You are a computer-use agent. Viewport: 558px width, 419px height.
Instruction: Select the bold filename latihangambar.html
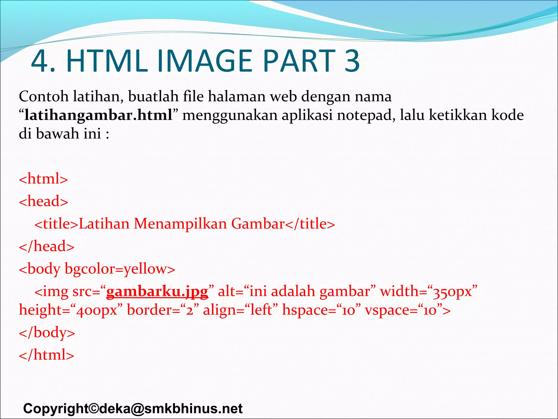click(x=98, y=115)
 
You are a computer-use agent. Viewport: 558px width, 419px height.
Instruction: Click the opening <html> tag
click(x=43, y=179)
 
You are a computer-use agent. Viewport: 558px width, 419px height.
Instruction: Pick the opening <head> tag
click(x=44, y=201)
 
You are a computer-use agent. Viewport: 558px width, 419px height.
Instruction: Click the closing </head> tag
click(x=47, y=246)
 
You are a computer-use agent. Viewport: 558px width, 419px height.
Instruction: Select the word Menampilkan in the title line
click(x=180, y=224)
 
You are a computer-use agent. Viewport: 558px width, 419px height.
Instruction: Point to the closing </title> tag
click(x=310, y=224)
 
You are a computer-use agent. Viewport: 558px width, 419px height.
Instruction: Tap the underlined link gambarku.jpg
click(x=157, y=291)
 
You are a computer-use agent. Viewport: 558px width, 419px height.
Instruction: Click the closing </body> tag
click(x=47, y=333)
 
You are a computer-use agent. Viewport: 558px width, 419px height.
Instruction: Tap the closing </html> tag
click(x=47, y=355)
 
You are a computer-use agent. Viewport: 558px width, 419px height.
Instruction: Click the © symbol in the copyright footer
click(x=93, y=409)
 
